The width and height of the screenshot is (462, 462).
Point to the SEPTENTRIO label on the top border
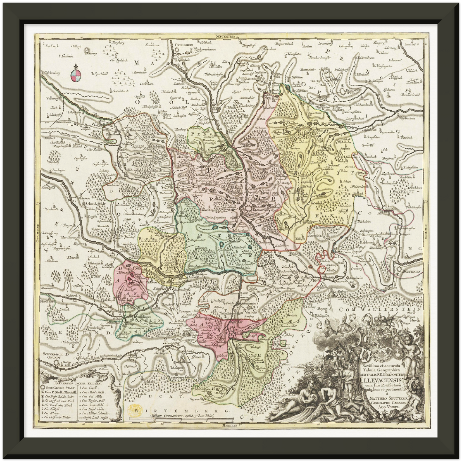point(226,37)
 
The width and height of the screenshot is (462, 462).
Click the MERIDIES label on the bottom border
point(228,426)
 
